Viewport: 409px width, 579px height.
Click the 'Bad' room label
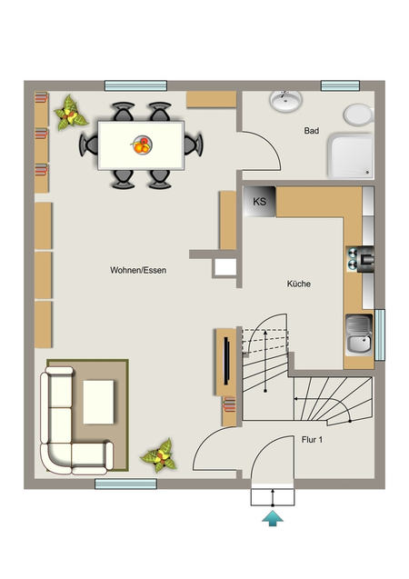(312, 131)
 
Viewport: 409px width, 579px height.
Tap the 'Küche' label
(299, 284)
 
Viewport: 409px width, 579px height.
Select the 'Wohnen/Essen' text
(138, 270)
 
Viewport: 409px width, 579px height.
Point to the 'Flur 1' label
(312, 440)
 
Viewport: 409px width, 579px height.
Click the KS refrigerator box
(260, 201)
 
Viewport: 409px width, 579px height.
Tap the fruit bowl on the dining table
(142, 145)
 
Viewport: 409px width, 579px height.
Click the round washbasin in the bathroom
(285, 100)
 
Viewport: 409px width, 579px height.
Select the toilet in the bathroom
(359, 115)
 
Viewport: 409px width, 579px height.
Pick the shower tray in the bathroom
(351, 155)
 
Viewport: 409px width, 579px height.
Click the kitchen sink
(359, 334)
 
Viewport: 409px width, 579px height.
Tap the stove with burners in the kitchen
(360, 259)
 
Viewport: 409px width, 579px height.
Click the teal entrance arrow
(273, 518)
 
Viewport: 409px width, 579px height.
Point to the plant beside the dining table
(70, 113)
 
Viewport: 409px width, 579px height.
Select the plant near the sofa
(159, 456)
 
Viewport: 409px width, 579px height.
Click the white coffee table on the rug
(98, 402)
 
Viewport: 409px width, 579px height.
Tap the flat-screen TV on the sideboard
(226, 361)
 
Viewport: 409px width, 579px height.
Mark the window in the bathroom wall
(340, 85)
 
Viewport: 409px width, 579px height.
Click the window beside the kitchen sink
(380, 334)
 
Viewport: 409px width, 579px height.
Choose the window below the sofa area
(125, 484)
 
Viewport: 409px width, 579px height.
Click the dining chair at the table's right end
(195, 145)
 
